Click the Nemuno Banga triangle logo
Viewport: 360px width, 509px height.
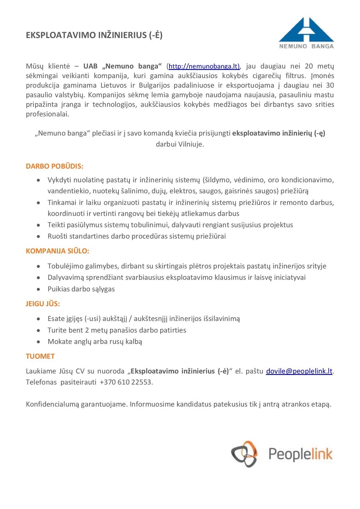coord(306,30)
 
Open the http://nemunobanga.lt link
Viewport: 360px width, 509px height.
coord(204,66)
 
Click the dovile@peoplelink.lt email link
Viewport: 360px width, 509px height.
coord(299,371)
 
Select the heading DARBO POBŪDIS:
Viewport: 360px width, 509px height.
coord(55,166)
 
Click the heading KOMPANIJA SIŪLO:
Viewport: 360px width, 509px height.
coord(58,251)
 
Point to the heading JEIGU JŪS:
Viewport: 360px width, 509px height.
coord(43,304)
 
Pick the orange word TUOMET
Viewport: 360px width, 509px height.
coord(40,356)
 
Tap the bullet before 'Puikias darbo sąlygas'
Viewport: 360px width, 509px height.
coord(38,289)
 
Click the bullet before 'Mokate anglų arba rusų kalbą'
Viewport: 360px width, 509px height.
coord(38,342)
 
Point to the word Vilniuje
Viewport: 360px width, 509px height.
coord(191,144)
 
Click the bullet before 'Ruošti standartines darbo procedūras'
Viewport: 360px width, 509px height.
coord(38,237)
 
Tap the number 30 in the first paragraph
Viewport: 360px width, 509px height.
coord(330,85)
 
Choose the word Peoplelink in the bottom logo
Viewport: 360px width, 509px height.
coord(300,454)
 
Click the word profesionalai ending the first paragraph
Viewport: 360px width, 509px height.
coord(47,114)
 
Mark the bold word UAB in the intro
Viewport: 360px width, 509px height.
coord(90,66)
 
